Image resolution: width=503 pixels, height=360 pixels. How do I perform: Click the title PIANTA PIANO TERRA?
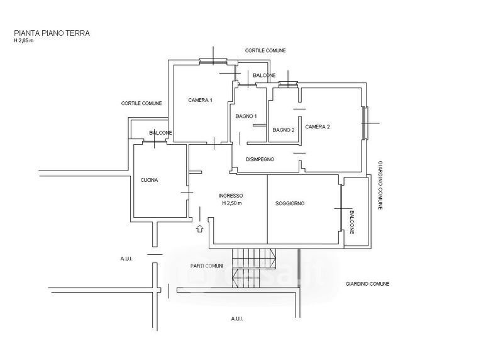(x=52, y=33)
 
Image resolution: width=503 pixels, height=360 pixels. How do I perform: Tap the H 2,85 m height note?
(x=23, y=41)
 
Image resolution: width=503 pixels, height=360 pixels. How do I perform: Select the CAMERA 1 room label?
(x=200, y=100)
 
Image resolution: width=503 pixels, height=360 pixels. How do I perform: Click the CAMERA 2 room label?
(x=318, y=127)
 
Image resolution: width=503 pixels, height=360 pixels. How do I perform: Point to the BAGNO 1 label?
(x=246, y=116)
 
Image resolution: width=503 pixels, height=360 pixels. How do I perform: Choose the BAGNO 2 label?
(x=284, y=130)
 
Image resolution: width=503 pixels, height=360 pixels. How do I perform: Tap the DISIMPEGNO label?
(x=260, y=159)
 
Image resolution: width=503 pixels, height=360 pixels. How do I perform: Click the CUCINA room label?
(x=149, y=180)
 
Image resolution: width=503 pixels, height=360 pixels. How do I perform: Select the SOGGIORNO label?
(x=290, y=204)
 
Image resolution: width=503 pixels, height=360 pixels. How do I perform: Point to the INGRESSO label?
(x=231, y=196)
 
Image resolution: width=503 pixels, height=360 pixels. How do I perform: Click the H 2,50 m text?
(x=232, y=203)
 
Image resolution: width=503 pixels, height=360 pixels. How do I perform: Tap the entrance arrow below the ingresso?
(x=200, y=228)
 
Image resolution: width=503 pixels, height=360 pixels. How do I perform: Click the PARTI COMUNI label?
(x=207, y=266)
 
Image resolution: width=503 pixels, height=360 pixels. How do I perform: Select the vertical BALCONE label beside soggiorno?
(x=351, y=222)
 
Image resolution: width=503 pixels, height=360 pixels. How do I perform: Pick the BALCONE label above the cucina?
(x=160, y=133)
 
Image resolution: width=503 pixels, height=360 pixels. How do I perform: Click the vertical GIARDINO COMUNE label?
(x=380, y=185)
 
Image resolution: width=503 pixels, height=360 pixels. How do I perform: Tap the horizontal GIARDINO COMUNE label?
(x=367, y=284)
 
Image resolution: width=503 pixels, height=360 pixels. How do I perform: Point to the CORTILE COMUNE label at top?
(x=265, y=50)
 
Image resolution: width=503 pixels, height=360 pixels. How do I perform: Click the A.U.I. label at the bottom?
(x=237, y=319)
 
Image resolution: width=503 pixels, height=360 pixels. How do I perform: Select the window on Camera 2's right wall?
(x=365, y=123)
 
